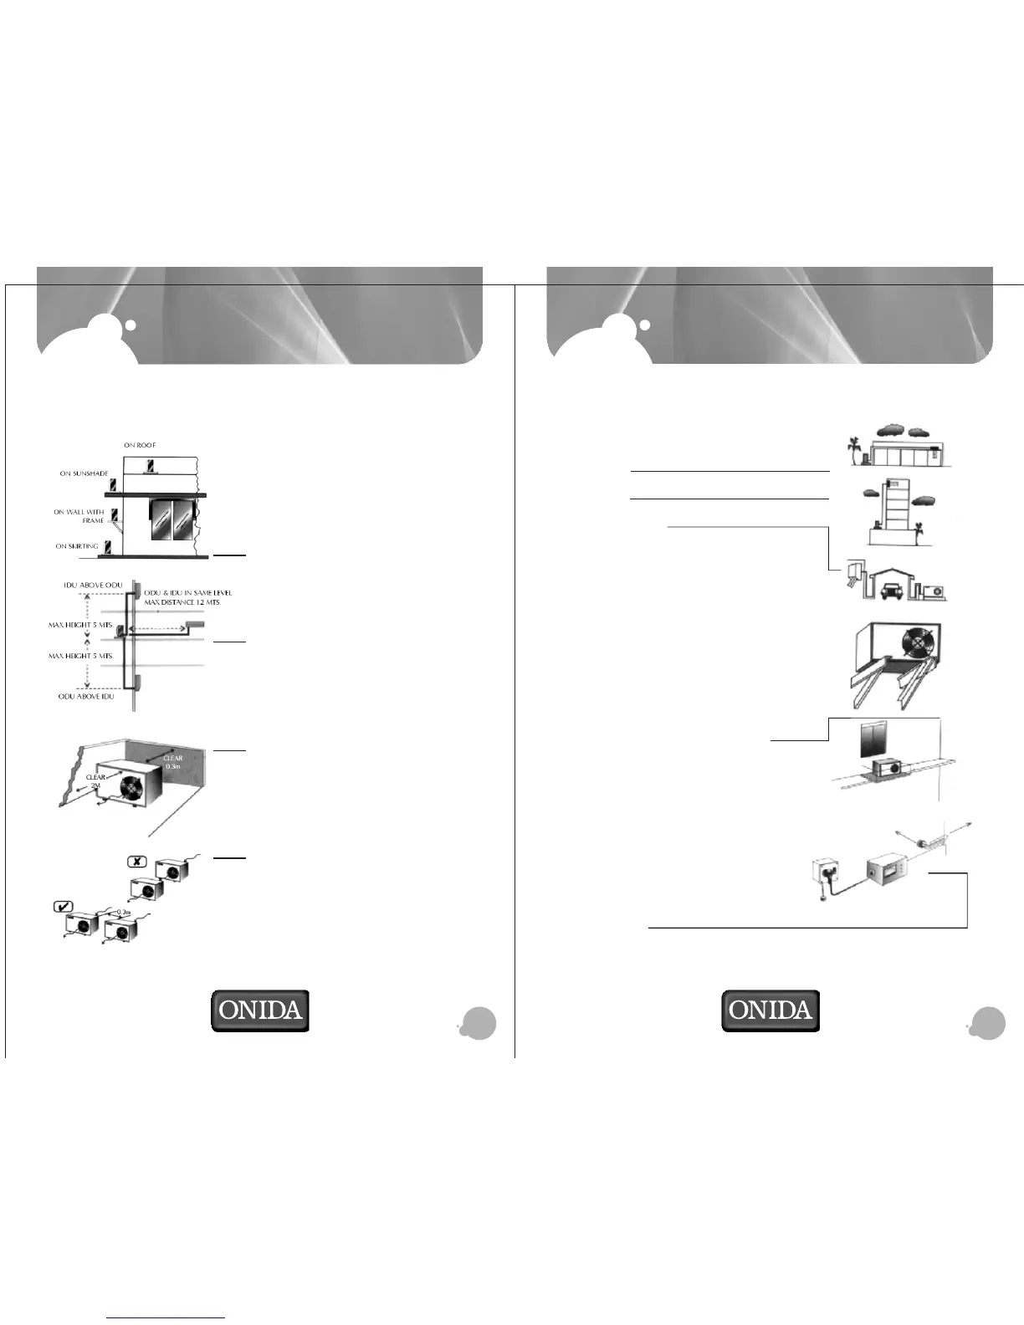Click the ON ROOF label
140,445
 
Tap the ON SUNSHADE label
84,473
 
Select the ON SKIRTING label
77,546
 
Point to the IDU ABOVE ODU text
93,585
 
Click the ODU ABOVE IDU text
86,696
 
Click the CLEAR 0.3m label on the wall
173,762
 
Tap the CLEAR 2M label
95,781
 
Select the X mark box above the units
136,862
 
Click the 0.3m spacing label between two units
124,912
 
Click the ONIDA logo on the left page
259,1010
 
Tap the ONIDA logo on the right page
771,1010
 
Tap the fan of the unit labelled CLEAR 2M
132,790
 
